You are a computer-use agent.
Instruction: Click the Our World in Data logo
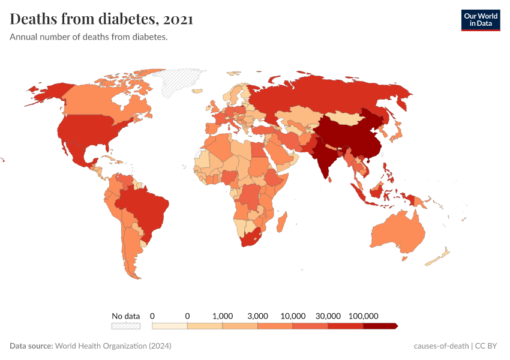pos(480,20)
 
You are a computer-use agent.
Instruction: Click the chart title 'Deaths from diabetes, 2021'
pos(101,19)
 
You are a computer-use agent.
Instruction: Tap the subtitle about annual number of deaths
pos(88,37)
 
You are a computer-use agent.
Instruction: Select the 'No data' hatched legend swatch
pos(125,326)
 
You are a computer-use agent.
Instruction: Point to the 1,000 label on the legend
pos(223,316)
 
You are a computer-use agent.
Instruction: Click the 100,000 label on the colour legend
pos(363,316)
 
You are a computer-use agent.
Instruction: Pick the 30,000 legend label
pos(328,316)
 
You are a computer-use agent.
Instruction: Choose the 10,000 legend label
pos(293,316)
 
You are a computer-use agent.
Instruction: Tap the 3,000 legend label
pos(257,316)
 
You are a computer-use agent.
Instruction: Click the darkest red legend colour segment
pos(380,326)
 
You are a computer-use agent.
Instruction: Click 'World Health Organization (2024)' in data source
pos(113,346)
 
